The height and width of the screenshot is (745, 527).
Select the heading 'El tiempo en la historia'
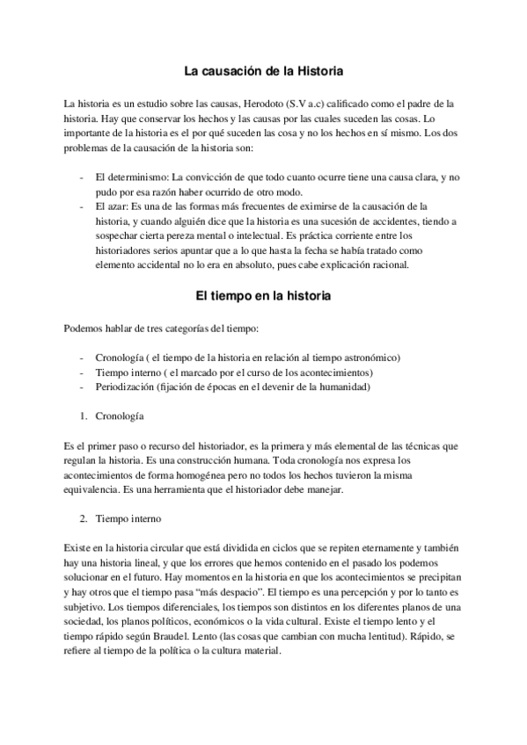coord(263,296)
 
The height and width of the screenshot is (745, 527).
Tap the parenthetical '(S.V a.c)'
coord(310,103)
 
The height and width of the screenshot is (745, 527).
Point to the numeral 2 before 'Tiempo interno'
coord(83,518)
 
